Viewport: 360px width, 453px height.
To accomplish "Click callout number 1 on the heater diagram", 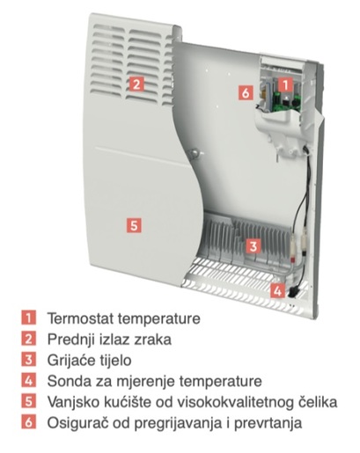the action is [286, 84].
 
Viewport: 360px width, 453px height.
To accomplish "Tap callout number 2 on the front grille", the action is [136, 84].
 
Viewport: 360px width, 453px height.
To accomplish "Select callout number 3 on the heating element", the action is [253, 246].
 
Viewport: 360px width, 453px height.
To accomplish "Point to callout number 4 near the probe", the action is [277, 291].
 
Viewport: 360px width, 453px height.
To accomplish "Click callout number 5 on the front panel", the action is [134, 225].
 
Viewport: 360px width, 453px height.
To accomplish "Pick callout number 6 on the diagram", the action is [246, 92].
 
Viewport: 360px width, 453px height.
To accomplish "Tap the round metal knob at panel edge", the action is [194, 153].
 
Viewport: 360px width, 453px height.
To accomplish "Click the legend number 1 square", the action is [28, 318].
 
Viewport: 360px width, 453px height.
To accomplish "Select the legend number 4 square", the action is [28, 381].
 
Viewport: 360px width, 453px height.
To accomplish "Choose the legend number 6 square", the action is [28, 422].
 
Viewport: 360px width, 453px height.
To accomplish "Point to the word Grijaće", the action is [67, 361].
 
